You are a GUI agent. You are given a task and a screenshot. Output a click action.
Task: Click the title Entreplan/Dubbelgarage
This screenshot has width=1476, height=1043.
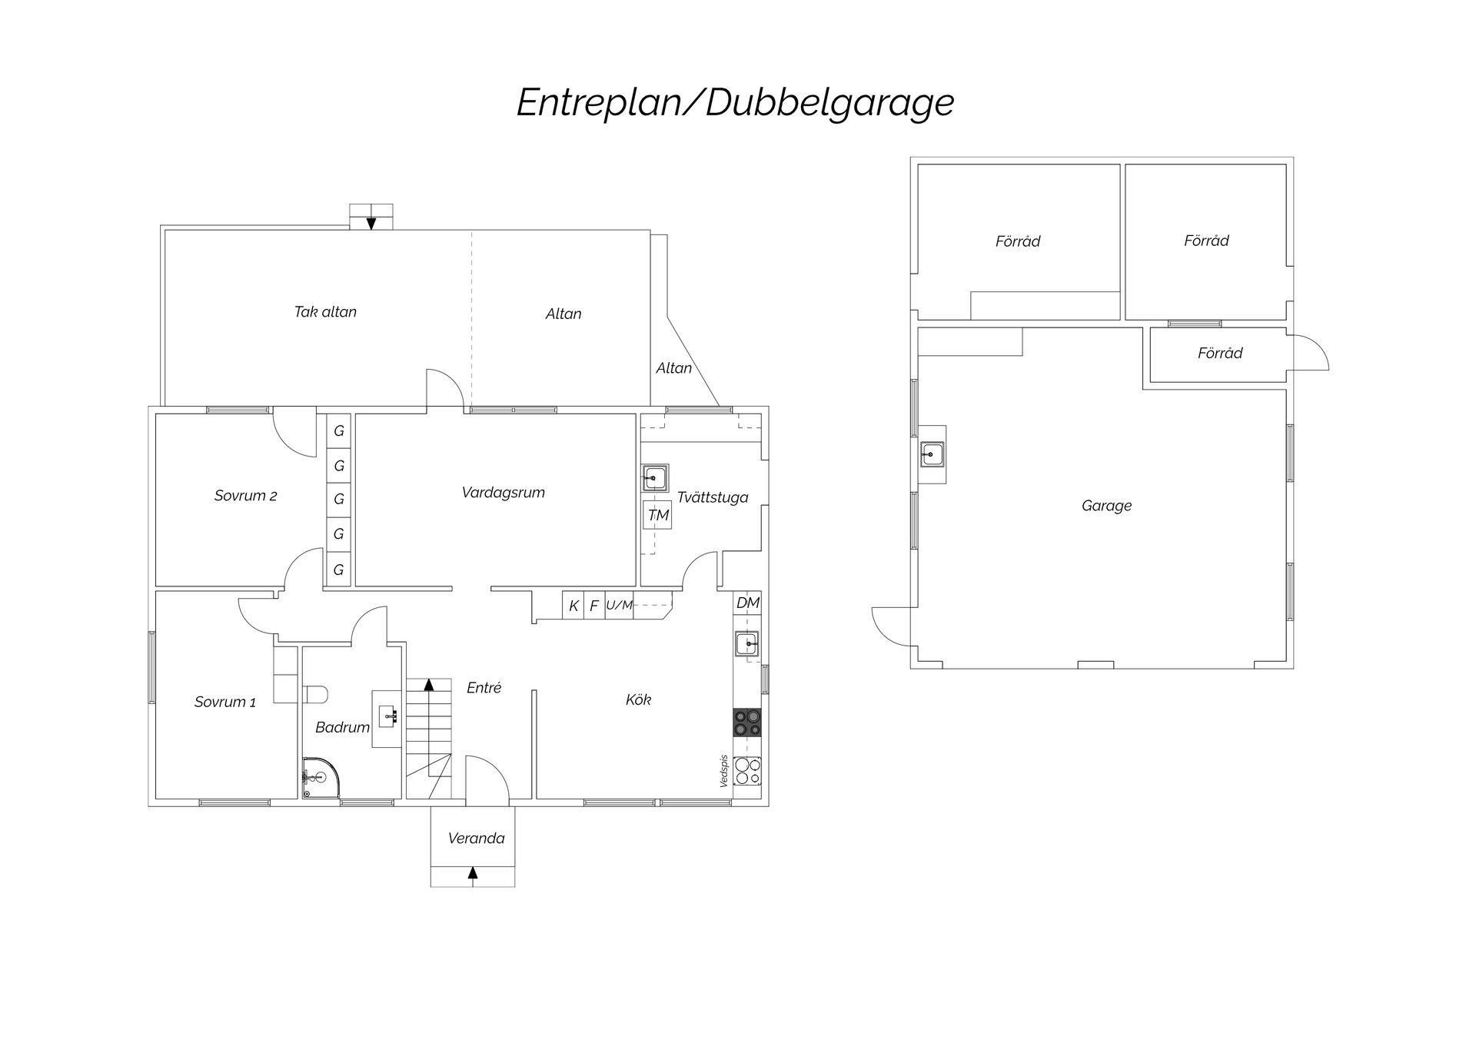[735, 103]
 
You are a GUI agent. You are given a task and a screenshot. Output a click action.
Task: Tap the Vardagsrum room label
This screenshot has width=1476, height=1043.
[504, 493]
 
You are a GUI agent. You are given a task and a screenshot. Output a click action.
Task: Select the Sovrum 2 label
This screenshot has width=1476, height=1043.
[245, 496]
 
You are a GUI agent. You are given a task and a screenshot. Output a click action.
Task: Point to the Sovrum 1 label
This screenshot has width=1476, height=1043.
[225, 702]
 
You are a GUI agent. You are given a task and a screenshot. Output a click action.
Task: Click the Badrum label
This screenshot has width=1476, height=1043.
[342, 727]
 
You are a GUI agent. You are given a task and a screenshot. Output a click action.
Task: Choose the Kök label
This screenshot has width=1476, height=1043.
[638, 699]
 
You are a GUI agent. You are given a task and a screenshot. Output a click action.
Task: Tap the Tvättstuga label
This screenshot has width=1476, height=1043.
[713, 497]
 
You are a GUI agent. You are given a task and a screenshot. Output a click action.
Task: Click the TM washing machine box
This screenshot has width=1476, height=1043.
[657, 515]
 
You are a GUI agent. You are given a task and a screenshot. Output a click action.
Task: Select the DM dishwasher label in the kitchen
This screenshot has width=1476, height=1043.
[748, 603]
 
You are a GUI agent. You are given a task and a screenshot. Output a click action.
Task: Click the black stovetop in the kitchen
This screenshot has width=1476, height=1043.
[747, 723]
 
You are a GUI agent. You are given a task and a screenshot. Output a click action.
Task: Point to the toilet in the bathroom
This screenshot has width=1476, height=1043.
[315, 694]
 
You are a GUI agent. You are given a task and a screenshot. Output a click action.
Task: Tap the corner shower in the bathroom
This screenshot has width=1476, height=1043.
[320, 778]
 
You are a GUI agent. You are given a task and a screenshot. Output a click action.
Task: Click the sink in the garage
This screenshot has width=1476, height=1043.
[932, 455]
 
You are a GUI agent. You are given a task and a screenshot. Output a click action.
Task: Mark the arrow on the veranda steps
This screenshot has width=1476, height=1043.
[473, 872]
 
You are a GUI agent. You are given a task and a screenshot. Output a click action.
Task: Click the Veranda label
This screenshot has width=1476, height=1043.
[476, 839]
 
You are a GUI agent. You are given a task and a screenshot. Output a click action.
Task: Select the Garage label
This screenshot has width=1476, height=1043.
[1106, 506]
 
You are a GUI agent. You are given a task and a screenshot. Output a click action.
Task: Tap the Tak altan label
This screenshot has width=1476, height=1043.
[325, 312]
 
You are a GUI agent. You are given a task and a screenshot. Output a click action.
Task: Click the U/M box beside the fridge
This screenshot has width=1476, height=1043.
[620, 606]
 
